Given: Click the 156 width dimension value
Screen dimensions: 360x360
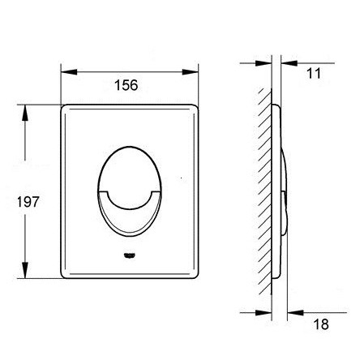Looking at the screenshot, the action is pyautogui.click(x=126, y=85).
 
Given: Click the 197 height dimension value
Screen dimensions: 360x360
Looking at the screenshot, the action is pyautogui.click(x=28, y=202).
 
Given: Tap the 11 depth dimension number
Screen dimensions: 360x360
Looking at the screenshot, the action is pyautogui.click(x=314, y=74).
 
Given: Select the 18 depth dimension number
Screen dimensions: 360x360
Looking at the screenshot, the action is pyautogui.click(x=321, y=324).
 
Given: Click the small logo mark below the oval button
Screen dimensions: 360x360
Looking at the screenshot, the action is pyautogui.click(x=130, y=255).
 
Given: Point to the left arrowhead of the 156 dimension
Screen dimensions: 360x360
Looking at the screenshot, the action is pyautogui.click(x=69, y=72).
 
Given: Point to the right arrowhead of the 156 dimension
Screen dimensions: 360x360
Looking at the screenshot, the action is pyautogui.click(x=191, y=72).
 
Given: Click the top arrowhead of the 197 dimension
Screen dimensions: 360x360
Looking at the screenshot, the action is pyautogui.click(x=25, y=113).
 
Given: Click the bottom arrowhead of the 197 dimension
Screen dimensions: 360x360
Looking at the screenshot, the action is pyautogui.click(x=25, y=270).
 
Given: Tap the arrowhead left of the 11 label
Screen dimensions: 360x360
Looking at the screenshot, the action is pyautogui.click(x=289, y=63).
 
